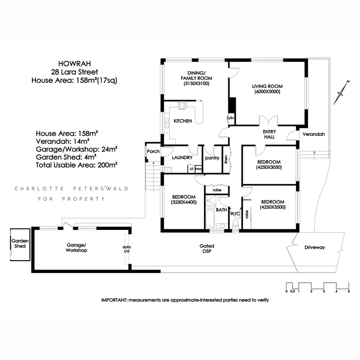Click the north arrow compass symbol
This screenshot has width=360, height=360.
point(341,92)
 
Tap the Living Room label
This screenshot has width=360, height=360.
point(267,86)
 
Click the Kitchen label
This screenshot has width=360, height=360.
point(183,121)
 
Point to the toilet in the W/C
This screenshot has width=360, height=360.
point(235,224)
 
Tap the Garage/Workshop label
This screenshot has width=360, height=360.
point(76,248)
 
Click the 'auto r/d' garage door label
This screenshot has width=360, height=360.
point(126,248)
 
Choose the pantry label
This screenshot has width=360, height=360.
point(212,158)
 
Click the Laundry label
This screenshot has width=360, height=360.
point(182,158)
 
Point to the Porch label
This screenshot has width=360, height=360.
point(153,151)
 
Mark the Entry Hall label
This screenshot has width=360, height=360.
point(269,134)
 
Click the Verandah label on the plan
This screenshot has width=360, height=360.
point(313,135)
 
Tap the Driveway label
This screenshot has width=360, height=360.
point(315,247)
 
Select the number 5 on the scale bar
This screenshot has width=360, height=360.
point(349,292)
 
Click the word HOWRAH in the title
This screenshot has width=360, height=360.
point(71,63)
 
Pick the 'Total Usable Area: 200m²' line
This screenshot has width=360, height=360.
point(76,164)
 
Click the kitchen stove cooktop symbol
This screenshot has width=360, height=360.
point(182,105)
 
